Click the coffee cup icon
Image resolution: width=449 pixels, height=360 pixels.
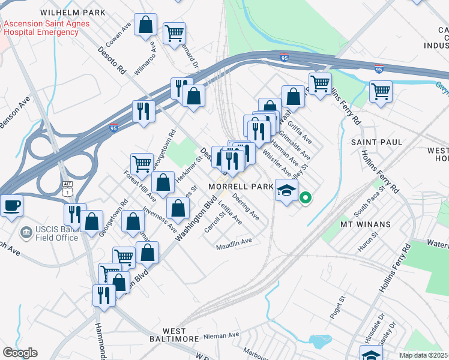[11, 205]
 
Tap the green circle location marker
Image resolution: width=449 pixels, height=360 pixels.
[305, 197]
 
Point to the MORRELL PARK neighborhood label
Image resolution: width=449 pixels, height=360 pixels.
[241, 187]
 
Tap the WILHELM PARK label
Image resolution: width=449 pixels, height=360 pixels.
[73, 13]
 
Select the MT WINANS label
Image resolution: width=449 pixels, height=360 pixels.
[366, 224]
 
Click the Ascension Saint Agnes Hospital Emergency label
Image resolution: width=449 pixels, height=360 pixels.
[46, 28]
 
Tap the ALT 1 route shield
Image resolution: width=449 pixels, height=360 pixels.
[67, 188]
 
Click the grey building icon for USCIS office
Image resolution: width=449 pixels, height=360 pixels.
[26, 232]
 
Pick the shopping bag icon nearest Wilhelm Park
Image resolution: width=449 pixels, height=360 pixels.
[145, 26]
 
